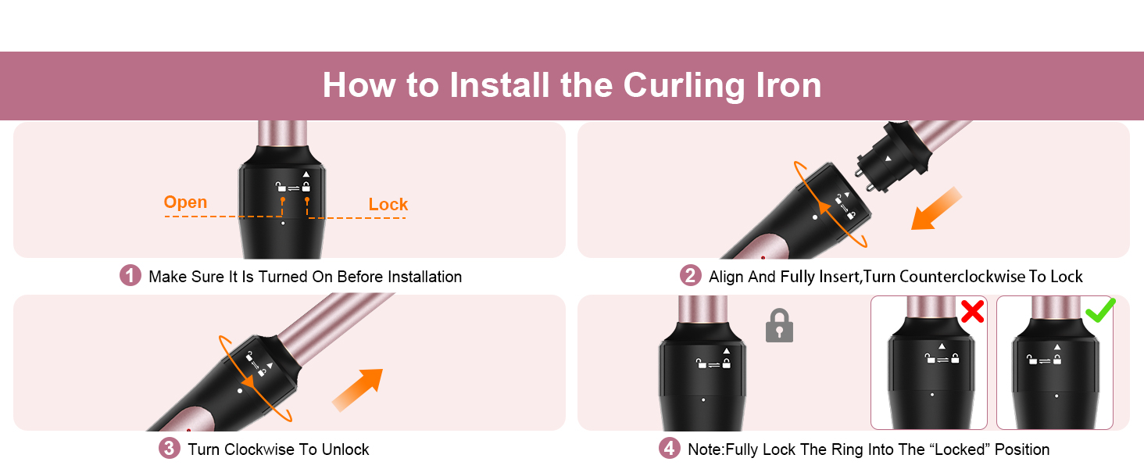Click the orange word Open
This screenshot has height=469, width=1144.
click(185, 202)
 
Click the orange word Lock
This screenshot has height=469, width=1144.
click(388, 205)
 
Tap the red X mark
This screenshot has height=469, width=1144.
click(971, 312)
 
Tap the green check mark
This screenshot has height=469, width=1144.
click(1099, 310)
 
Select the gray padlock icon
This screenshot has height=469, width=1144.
click(779, 326)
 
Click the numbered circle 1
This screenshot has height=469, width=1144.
click(130, 276)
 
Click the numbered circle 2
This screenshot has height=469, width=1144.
click(690, 276)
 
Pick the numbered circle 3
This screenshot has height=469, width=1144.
click(170, 449)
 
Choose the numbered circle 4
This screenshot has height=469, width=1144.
click(669, 449)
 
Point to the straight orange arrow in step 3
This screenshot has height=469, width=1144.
click(359, 388)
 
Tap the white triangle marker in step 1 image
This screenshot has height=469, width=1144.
click(306, 174)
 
